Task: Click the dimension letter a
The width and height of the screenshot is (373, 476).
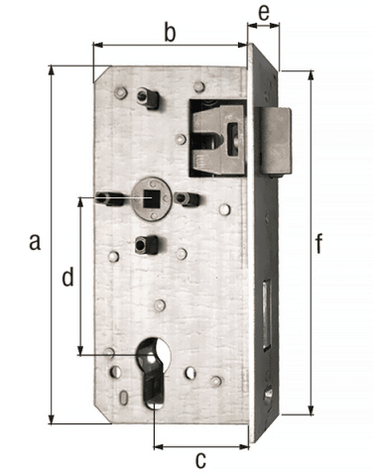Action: click(35, 241)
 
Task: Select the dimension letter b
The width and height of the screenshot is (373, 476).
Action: click(170, 33)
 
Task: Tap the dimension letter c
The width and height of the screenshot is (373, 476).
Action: click(200, 459)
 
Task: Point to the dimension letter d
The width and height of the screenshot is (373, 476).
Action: click(67, 277)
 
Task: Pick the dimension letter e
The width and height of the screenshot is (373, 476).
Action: click(264, 13)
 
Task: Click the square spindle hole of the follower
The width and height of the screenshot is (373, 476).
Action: click(151, 198)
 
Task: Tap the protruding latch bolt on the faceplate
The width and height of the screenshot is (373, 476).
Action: click(275, 141)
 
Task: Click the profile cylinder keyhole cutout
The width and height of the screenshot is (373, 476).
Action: click(153, 374)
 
